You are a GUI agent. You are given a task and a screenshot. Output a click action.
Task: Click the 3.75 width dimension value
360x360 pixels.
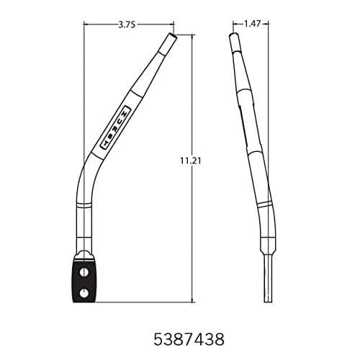point(127,24)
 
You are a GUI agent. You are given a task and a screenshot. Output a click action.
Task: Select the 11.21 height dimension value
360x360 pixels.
point(191,162)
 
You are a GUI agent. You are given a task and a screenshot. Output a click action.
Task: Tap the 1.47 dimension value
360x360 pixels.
point(251,24)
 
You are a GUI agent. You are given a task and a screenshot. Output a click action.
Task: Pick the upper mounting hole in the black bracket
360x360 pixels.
point(86,271)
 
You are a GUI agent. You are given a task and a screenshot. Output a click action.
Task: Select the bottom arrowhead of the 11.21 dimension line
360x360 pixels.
point(192,300)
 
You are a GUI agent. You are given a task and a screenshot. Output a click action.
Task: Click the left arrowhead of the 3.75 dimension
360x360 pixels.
point(86,24)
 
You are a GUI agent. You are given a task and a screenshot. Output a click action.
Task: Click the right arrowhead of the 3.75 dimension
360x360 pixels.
point(172,24)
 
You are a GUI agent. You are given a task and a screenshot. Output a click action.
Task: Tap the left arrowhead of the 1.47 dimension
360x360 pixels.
point(233,24)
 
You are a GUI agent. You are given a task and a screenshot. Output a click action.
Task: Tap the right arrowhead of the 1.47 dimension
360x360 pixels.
point(268,24)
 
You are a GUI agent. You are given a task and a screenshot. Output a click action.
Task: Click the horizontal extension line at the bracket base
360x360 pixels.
point(144,302)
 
